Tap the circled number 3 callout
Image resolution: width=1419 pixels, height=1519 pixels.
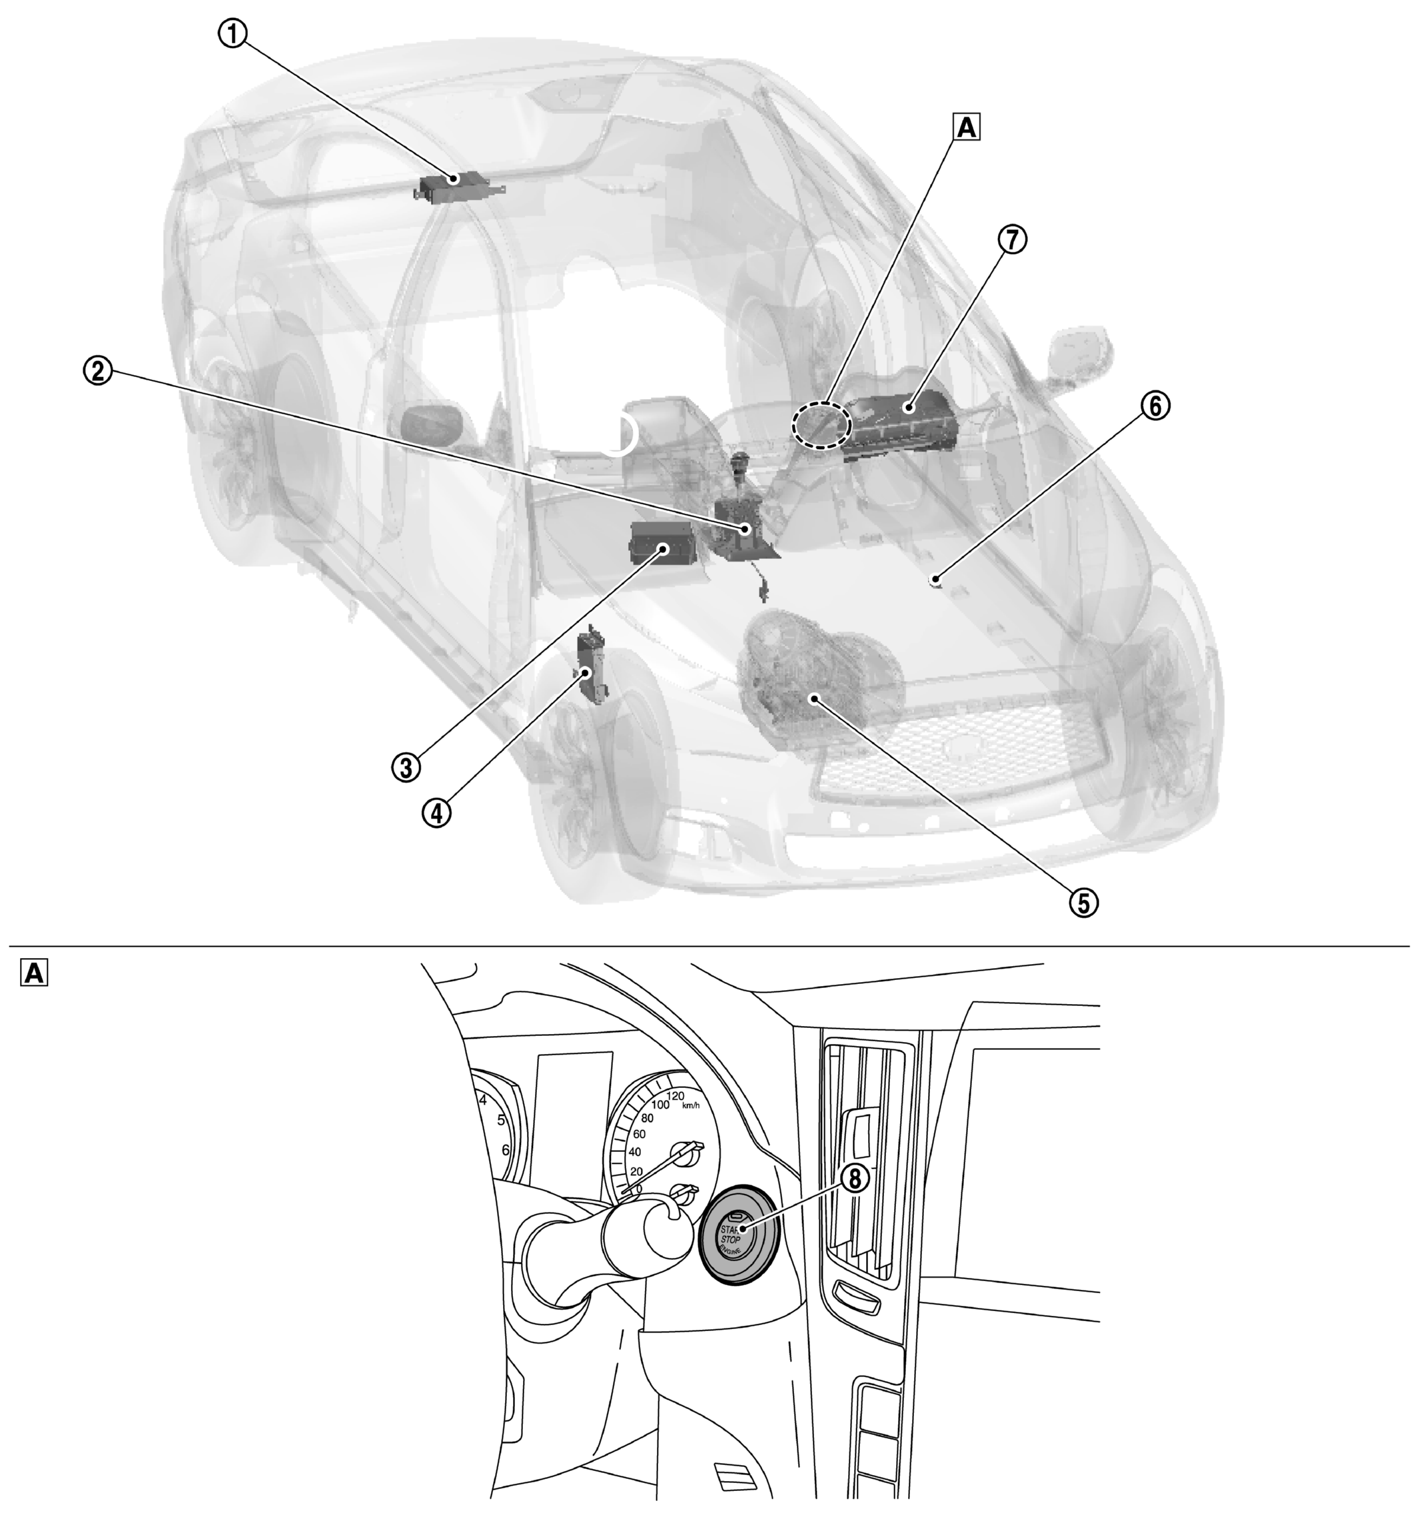[x=406, y=766]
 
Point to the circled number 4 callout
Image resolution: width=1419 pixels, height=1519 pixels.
[x=436, y=813]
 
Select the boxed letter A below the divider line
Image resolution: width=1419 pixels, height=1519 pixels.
[x=33, y=973]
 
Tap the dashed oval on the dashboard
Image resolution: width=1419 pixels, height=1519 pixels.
[x=821, y=424]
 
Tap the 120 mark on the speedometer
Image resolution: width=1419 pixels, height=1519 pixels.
[x=675, y=1097]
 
